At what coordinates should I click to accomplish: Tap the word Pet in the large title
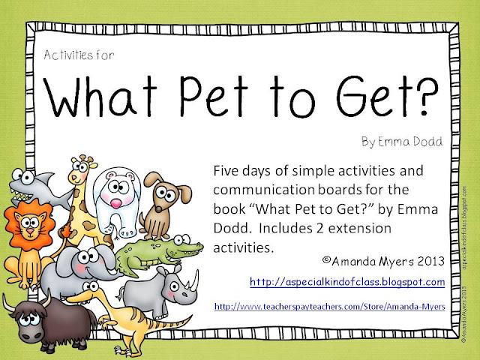pos(214,97)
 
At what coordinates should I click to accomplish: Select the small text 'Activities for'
pos(79,55)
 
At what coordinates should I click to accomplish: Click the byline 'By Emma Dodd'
pos(402,142)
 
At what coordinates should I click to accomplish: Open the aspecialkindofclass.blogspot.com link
pos(347,282)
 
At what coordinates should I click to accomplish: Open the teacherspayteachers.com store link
pos(330,307)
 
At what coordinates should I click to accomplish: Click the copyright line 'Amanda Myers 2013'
pos(383,261)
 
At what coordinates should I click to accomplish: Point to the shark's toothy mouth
pos(21,195)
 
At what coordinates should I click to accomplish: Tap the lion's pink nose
pos(30,230)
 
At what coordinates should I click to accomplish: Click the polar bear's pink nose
pos(116,203)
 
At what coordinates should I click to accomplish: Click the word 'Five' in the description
pos(226,170)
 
